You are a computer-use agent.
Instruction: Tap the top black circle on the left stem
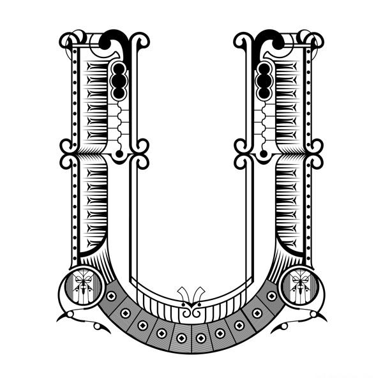point(119,69)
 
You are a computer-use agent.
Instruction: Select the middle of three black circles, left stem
point(119,80)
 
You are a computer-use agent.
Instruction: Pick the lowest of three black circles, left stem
point(119,92)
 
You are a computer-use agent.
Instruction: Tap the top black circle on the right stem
point(264,69)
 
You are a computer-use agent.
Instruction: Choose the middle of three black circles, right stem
point(264,80)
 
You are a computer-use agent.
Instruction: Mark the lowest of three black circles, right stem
point(264,92)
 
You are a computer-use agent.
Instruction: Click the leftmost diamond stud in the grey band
point(111,296)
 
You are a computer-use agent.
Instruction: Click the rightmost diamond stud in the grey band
point(272,296)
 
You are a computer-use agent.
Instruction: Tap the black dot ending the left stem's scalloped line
point(119,154)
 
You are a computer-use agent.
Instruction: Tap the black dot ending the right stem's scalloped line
point(264,154)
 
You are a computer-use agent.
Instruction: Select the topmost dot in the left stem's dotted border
point(75,52)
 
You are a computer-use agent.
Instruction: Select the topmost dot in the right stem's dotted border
point(308,52)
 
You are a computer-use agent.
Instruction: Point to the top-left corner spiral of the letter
point(66,41)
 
